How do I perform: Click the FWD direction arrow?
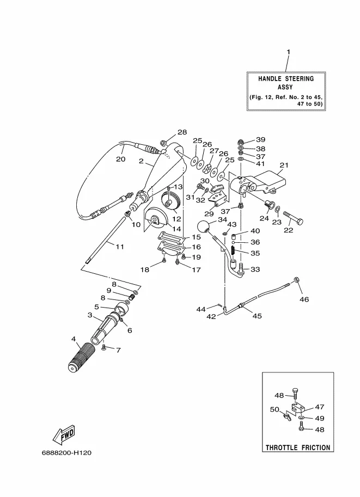click(64, 434)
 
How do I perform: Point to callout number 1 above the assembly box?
click(288, 52)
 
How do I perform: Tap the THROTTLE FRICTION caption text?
click(298, 447)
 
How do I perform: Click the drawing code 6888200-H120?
click(66, 452)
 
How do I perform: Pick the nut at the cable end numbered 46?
click(297, 280)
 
